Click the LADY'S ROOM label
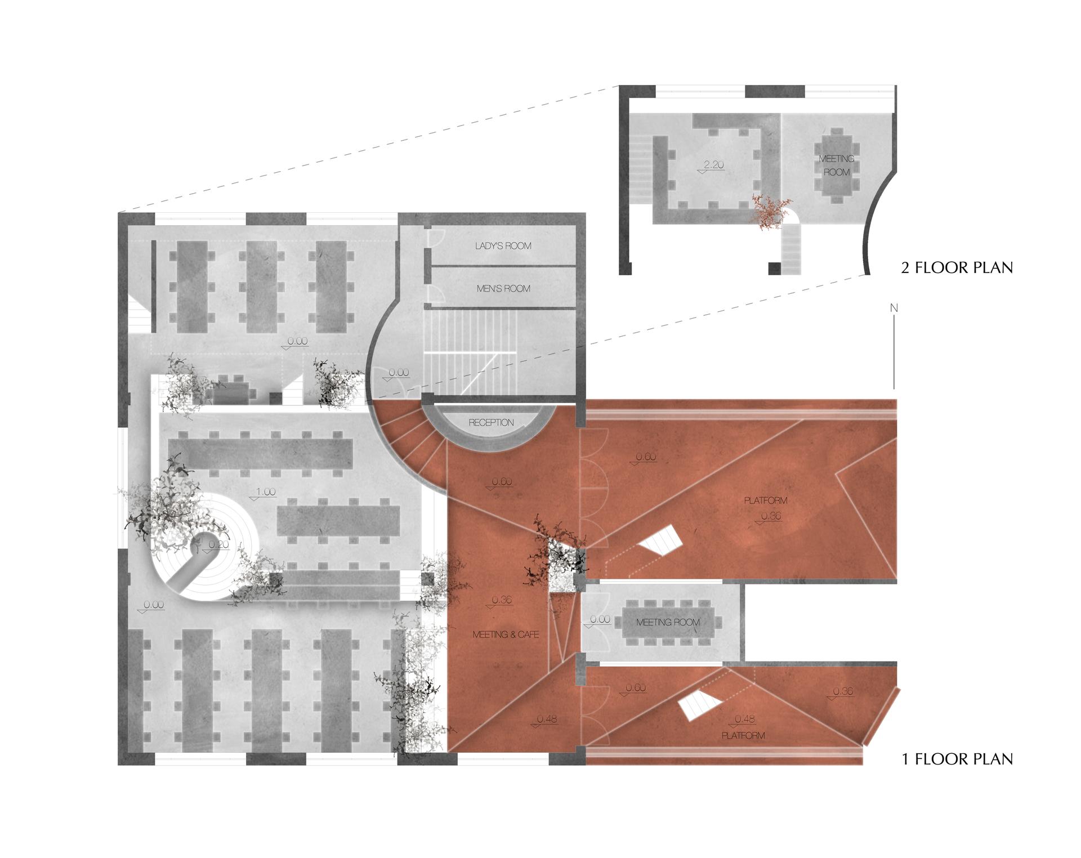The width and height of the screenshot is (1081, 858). point(503,246)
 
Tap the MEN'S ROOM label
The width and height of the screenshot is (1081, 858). point(503,289)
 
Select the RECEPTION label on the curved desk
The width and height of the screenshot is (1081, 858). point(491,422)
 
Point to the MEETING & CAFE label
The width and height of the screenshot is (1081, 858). point(506,634)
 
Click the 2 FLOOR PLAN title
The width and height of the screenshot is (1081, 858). point(957,267)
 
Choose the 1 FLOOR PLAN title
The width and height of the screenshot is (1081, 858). point(957,759)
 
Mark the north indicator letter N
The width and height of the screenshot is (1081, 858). point(894,308)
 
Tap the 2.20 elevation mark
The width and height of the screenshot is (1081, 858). point(713,166)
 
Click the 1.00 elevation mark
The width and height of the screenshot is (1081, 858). point(265,493)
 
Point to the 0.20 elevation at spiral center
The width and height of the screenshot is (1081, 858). point(218,545)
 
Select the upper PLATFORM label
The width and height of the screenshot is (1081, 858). point(766,500)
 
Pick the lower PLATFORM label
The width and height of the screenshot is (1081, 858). point(743,735)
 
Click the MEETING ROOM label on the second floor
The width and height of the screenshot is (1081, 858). point(837,166)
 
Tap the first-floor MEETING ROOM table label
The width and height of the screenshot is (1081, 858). point(668,622)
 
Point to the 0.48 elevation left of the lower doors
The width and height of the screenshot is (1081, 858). point(546,720)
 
